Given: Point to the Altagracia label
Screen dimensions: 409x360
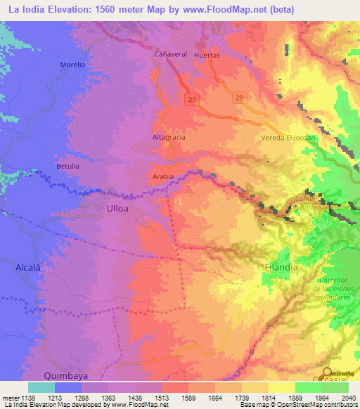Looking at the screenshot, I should coord(169,137).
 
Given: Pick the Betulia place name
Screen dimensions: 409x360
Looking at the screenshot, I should coord(68,167).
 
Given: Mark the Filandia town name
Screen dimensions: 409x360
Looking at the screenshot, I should coord(281,268).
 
